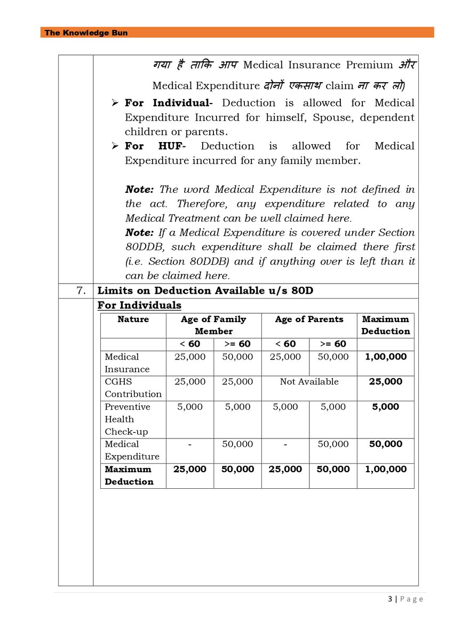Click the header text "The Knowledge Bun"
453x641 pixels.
tap(86, 33)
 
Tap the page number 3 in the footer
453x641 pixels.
tap(390, 599)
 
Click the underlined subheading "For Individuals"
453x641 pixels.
tap(139, 306)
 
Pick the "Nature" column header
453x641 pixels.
tap(133, 319)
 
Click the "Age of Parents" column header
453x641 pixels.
tap(309, 319)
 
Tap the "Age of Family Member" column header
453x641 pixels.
tap(213, 325)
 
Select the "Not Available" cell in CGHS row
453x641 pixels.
tap(309, 381)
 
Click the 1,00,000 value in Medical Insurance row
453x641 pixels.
tap(385, 357)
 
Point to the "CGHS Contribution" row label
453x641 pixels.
tap(133, 388)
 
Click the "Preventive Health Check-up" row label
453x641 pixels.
tap(127, 419)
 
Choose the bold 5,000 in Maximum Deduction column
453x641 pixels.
tap(385, 407)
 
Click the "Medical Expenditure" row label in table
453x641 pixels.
tap(132, 450)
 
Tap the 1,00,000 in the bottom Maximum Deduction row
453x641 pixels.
tap(385, 469)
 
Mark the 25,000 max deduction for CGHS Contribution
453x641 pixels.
tap(385, 381)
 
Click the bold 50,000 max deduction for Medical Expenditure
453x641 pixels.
tap(385, 444)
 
